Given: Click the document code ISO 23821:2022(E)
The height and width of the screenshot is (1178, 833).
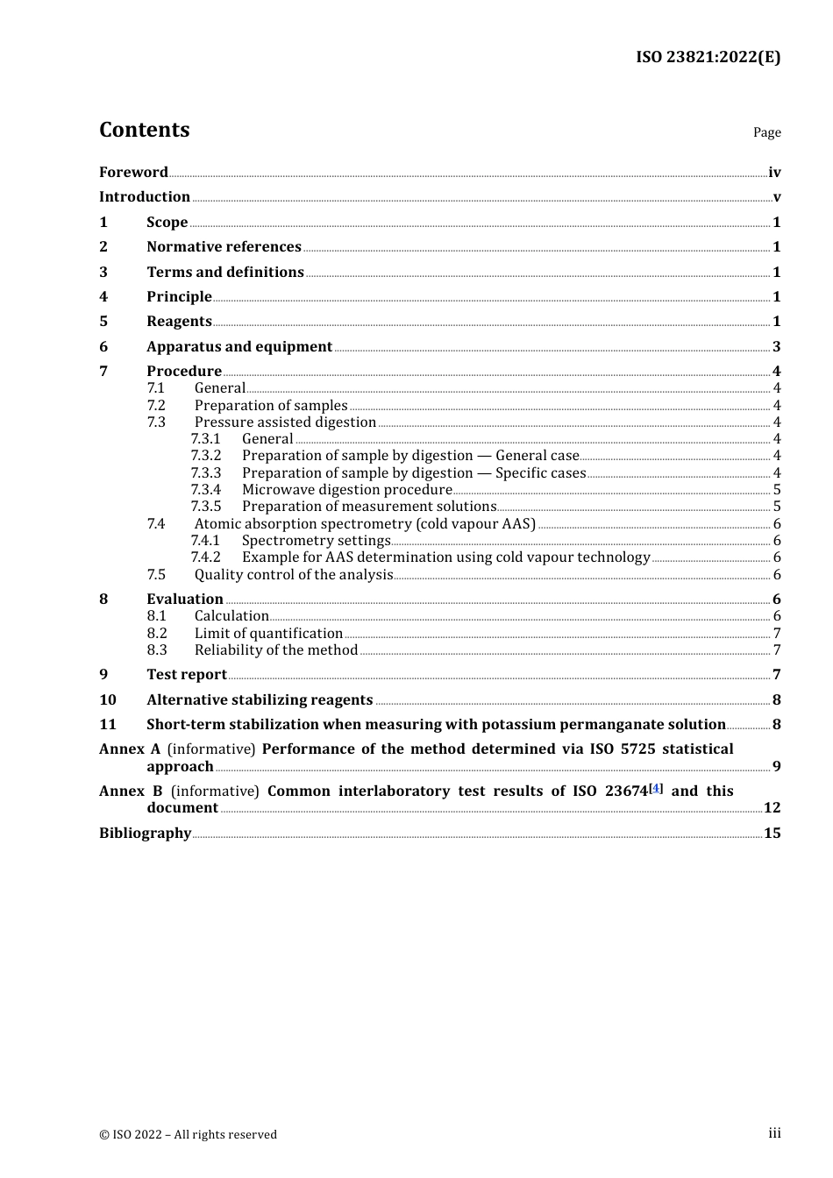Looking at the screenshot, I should pos(708,57).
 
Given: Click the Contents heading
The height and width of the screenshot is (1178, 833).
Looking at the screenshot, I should pos(144,130).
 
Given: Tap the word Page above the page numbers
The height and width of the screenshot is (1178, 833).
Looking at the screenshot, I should pos(766,132).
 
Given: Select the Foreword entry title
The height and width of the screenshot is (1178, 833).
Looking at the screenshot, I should pos(133,172).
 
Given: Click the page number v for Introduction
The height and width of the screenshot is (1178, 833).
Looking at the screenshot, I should pos(776,197).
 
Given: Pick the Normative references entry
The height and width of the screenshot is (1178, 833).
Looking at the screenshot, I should pos(224,247).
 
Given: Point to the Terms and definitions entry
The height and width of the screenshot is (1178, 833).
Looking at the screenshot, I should pos(224,272).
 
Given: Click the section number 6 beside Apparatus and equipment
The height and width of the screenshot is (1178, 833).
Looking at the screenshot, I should pos(103,346).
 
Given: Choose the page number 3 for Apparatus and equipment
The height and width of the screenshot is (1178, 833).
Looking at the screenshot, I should pos(776,347).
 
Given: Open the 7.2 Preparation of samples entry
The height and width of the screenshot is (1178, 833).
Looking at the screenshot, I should pos(270,405).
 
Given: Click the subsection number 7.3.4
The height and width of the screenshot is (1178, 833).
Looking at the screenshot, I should pos(206,490).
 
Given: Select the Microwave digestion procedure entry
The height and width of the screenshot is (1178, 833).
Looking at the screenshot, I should pos(346,490).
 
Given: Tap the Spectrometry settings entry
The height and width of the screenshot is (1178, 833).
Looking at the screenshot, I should pos(316,541).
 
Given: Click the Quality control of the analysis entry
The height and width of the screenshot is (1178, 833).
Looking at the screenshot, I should pos(294,575).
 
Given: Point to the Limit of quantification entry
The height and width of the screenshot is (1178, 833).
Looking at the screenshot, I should pos(268,634).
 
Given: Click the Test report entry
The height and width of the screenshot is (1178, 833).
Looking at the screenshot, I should pos(187,675).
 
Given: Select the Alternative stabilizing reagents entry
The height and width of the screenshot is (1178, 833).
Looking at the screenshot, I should pos(260,699).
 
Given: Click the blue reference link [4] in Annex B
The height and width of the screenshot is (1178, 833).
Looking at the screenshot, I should pos(656,789).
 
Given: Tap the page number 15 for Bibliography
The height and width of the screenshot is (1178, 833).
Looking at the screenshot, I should pos(772,833).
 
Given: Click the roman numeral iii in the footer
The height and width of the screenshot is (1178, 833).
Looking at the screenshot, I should pos(774,1133).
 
